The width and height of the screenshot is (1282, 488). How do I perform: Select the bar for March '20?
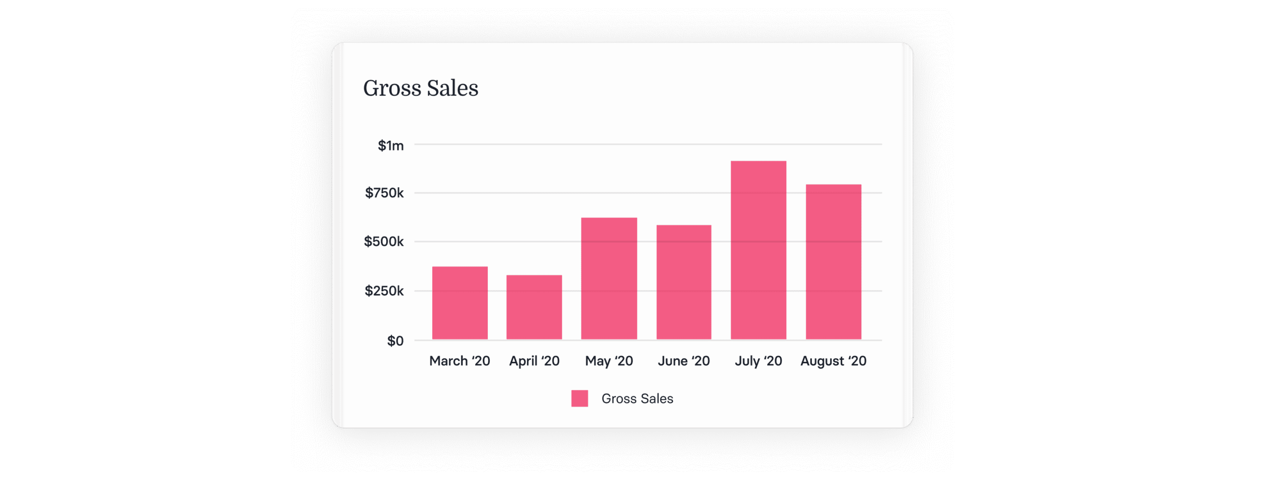point(460,303)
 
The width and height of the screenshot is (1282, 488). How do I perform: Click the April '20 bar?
point(534,307)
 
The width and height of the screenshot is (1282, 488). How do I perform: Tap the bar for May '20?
point(609,279)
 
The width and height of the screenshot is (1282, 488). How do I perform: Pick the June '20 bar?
point(684,282)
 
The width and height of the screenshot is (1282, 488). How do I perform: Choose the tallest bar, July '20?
point(758,250)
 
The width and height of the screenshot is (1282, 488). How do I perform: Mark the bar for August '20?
point(833,262)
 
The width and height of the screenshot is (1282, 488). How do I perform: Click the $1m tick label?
point(391,146)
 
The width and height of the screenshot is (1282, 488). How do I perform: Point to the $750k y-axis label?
point(384,193)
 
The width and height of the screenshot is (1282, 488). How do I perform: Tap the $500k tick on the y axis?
point(384,241)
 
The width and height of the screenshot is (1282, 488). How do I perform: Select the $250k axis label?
point(384,291)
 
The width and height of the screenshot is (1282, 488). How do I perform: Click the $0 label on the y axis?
point(395,341)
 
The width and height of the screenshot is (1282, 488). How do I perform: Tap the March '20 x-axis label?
point(460,361)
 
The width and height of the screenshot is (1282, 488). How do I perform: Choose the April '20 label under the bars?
point(534,361)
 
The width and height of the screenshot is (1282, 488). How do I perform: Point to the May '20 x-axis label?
point(609,361)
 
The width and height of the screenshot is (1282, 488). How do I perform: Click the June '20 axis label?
point(684,361)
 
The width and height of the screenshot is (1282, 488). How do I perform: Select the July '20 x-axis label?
point(758,361)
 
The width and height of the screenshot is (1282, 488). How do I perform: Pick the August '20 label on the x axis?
point(833,361)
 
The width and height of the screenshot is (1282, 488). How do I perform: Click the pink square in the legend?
point(579,398)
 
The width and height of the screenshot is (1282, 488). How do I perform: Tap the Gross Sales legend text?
point(637,398)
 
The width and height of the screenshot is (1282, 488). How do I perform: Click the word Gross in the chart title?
point(392,88)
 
